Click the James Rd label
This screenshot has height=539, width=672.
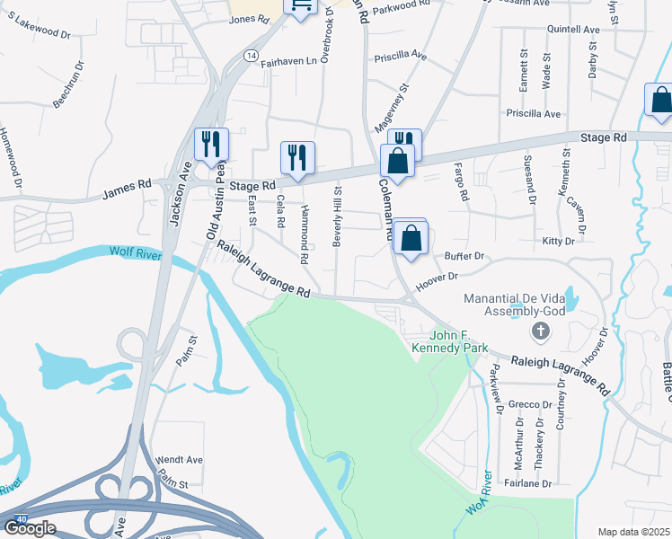127,190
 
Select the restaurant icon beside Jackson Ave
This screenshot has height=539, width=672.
211,144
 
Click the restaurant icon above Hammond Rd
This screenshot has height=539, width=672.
297,157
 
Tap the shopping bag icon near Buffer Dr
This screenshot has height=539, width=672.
411,239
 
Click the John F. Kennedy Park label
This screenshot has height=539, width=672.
448,340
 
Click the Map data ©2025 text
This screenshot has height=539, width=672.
634,532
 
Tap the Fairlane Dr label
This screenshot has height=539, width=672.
528,483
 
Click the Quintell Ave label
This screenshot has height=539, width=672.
573,30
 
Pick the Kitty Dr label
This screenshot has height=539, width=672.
557,242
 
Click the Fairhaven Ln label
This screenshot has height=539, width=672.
289,62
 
